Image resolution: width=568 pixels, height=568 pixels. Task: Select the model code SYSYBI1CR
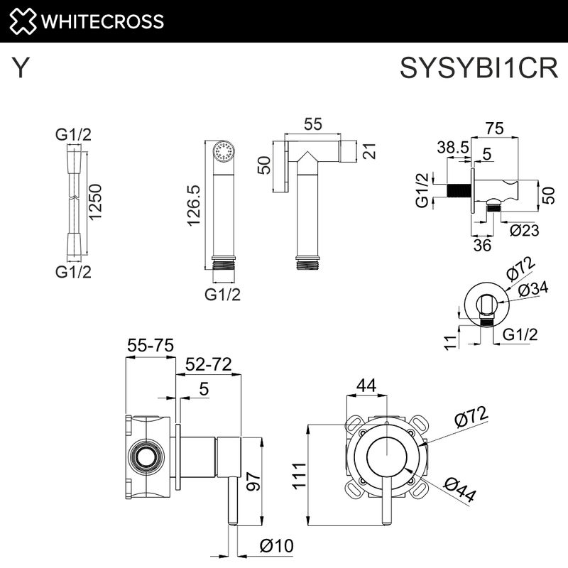pos(480,69)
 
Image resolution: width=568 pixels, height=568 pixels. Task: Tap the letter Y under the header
pos(22,69)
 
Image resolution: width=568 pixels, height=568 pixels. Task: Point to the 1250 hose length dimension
pos(95,202)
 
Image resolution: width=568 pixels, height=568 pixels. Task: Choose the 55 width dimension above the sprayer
pos(312,124)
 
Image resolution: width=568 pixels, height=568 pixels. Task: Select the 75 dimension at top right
pos(494,129)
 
